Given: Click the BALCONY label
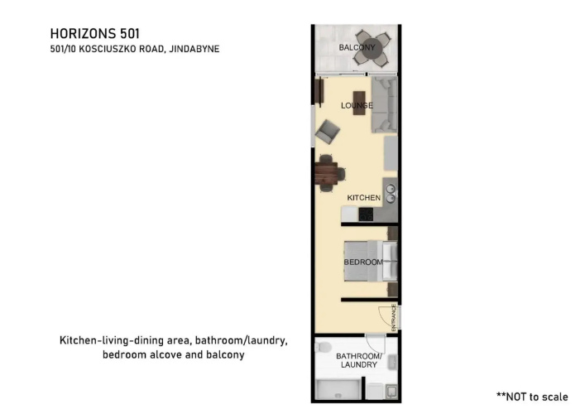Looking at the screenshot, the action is [357, 47].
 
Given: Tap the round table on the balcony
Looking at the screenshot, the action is [372, 48].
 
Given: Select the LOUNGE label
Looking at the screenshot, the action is [357, 106].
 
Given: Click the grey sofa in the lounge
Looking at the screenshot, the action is [384, 105].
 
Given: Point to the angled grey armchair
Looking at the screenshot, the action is [327, 132].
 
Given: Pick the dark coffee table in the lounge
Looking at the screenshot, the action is [359, 103].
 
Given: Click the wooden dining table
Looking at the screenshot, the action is [327, 173].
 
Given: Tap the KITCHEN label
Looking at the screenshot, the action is [364, 198].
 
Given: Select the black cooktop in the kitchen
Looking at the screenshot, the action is [366, 214].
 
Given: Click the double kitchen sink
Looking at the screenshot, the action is [391, 194].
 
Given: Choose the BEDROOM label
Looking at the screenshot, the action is [363, 262].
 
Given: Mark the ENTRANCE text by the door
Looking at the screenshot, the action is [394, 318].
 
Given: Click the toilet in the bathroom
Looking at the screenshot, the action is [322, 347].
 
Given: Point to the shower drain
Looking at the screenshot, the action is [338, 396].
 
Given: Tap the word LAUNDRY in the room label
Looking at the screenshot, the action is [359, 364].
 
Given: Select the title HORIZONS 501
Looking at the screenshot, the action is [95, 34].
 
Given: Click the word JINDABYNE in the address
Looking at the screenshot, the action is [194, 49].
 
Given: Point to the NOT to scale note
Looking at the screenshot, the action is [532, 397].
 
